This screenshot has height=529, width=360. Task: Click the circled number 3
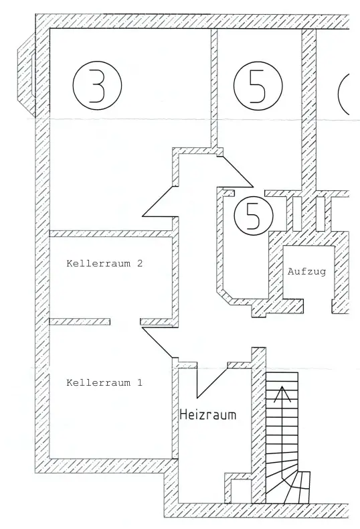pos(97,85)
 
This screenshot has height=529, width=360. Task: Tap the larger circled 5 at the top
pos(258,85)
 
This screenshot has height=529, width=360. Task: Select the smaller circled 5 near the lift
pos(254,216)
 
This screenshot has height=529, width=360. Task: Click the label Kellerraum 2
pos(104,263)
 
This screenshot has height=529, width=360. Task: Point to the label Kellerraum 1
pos(104,382)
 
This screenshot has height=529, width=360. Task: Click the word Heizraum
pos(208,414)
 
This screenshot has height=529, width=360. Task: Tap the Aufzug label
pos(306,271)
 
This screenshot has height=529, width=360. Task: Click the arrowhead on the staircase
pos(282,394)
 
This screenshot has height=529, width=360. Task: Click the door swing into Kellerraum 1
pos(158,342)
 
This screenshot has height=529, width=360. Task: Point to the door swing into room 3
pos(159,201)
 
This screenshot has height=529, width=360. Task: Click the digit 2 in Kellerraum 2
pos(140,263)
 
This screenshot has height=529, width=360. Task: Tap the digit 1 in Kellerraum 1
pos(140,382)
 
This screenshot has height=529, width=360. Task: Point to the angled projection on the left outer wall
pos(26,74)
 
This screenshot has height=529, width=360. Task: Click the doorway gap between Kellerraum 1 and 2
pos(125,321)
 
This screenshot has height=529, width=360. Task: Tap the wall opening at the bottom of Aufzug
pos(318,305)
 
